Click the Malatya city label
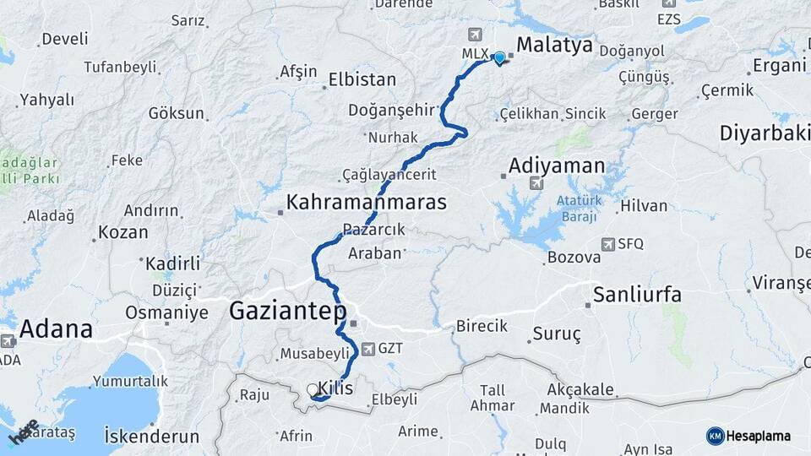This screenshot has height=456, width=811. click(554, 45)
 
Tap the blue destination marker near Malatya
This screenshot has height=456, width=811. click(499, 57)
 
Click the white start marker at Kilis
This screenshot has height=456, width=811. click(313, 390)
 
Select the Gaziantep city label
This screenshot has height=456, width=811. click(288, 312)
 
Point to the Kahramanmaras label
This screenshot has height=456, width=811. click(367, 202)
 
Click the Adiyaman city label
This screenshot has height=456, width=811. click(558, 165)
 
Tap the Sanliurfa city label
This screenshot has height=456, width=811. click(637, 295)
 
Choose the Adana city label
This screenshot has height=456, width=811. click(56, 328)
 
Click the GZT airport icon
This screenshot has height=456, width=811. click(368, 348)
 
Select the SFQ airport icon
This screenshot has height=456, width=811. click(608, 244)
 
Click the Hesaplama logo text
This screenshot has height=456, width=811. click(759, 436)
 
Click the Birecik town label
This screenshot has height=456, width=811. click(482, 325)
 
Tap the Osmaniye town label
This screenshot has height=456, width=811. click(166, 312)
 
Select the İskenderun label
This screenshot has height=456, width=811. click(151, 437)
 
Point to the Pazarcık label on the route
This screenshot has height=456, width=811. click(374, 229)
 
